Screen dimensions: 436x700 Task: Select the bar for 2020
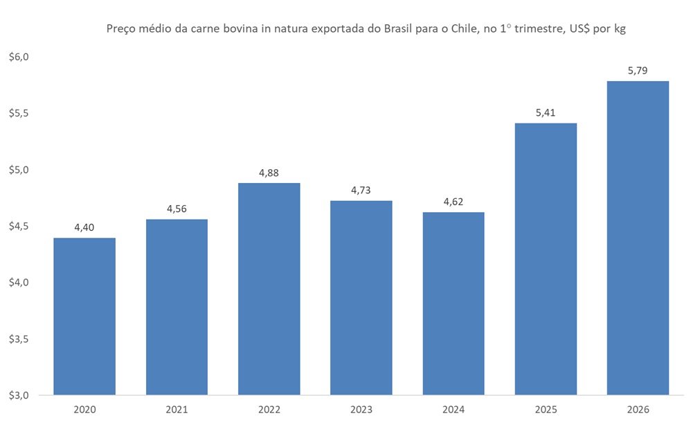(84, 317)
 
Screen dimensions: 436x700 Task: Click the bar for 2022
(269, 289)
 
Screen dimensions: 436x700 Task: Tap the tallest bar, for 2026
(638, 238)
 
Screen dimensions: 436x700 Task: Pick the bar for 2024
(454, 304)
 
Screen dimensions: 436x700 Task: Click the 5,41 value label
(546, 112)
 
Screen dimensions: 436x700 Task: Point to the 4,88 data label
(269, 173)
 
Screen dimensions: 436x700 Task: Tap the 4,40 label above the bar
(84, 227)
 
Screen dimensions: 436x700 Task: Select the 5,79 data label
(638, 70)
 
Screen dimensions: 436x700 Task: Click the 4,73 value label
(361, 190)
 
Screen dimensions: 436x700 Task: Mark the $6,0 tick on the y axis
(19, 57)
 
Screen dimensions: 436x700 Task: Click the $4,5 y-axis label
(19, 226)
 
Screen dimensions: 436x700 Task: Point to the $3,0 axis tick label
(19, 396)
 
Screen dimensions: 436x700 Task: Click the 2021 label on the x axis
(177, 410)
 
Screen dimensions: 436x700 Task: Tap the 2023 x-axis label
(361, 410)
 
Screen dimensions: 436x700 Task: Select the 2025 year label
(546, 410)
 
